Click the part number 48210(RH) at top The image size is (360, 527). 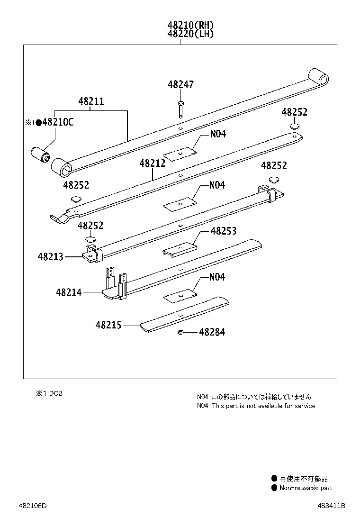coord(190,25)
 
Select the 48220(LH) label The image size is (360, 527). coord(190,34)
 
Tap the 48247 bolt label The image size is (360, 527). coord(180,85)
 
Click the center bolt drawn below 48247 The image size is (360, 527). coord(181,109)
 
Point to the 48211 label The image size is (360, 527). coord(91,101)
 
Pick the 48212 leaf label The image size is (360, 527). coord(152,164)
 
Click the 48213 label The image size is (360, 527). coord(51,257)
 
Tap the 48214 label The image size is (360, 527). coord(69,292)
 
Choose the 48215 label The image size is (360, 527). coord(108,326)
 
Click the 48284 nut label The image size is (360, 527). coord(212,332)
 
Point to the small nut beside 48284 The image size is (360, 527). coord(180,332)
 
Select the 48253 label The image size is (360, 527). coord(223,231)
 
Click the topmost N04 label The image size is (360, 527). coord(218,134)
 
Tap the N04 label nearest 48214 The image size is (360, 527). coord(217,277)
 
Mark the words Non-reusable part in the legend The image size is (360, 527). coord(306,488)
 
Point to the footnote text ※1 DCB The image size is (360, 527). coord(49,393)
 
